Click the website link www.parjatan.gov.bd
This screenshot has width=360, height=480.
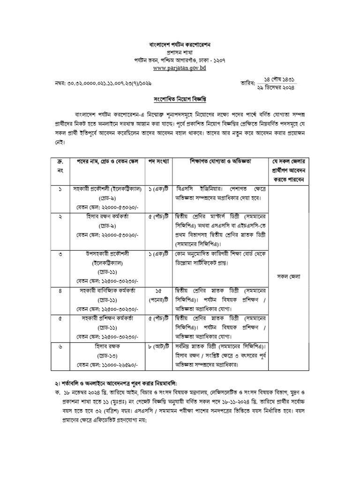tap(180, 68)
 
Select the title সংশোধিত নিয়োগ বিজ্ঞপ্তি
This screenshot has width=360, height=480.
tap(180, 100)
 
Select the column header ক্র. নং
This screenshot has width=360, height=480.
tap(60, 165)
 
